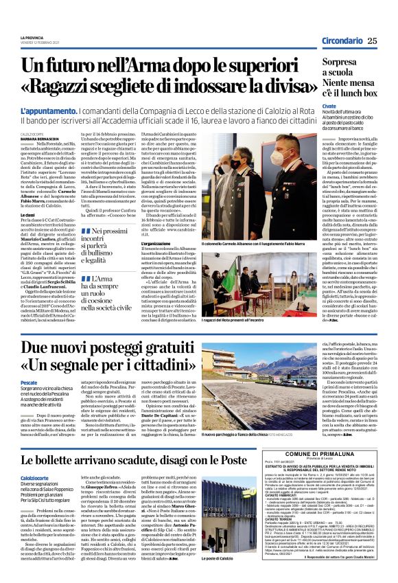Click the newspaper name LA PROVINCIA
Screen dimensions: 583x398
32,38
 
